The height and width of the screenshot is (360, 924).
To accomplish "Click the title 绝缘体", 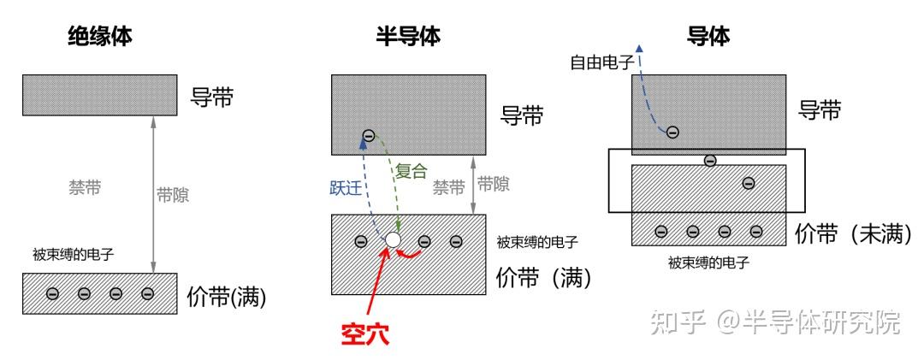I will pyautogui.click(x=100, y=37).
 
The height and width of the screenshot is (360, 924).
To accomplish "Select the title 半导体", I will pyautogui.click(x=408, y=37).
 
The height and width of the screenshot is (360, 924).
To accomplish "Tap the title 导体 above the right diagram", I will pyautogui.click(x=708, y=37).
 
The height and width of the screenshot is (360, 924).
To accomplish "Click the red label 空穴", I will pyautogui.click(x=364, y=334).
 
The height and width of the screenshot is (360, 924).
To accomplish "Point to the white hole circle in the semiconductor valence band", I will pyautogui.click(x=392, y=241).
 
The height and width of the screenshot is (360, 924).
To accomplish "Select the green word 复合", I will pyautogui.click(x=411, y=170).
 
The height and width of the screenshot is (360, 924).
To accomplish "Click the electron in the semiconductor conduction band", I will pyautogui.click(x=368, y=135).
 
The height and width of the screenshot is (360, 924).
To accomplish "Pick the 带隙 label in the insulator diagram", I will pyautogui.click(x=173, y=195).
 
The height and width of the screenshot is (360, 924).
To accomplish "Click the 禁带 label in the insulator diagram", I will pyautogui.click(x=84, y=186).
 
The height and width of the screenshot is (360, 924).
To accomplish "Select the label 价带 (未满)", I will pyautogui.click(x=852, y=234).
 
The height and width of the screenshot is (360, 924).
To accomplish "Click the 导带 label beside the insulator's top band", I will pyautogui.click(x=211, y=97).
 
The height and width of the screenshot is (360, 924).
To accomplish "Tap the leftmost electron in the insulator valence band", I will pyautogui.click(x=52, y=293).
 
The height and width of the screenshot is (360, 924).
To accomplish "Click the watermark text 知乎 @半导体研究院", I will pyautogui.click(x=774, y=322).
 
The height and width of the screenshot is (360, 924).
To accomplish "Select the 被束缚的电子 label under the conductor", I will pyautogui.click(x=708, y=263).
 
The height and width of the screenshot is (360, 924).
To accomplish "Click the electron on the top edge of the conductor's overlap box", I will pyautogui.click(x=708, y=160).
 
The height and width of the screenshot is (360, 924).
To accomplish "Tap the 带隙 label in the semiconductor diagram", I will pyautogui.click(x=493, y=183).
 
